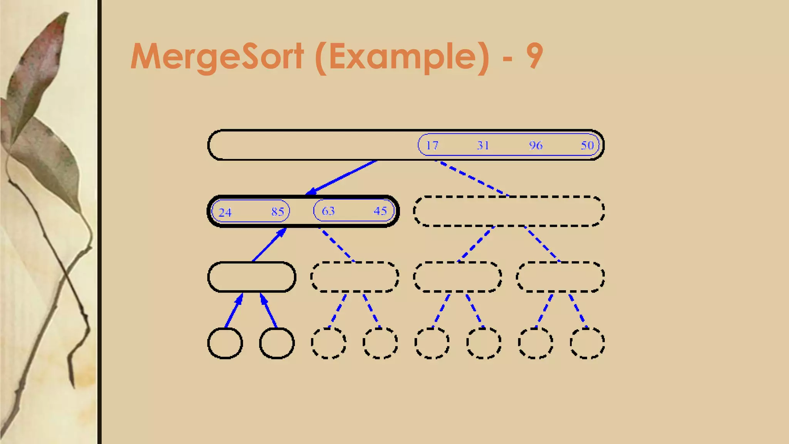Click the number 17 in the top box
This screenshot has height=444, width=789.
pos(432,145)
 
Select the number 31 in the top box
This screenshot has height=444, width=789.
pos(483,145)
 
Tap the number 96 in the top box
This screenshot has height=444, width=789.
pos(536,145)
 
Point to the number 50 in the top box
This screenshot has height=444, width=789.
pos(587,145)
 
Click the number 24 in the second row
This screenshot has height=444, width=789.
pos(225,212)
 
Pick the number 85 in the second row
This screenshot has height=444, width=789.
pos(277,212)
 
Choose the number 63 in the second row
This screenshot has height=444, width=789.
pos(328,211)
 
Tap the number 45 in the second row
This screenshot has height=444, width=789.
pos(380,211)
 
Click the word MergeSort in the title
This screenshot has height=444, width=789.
pos(217,56)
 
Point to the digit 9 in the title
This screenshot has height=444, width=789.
pos(534,56)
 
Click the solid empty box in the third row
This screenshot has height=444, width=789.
pos(252,277)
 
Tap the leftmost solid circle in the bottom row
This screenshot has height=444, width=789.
pos(225,343)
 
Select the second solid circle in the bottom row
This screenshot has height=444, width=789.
pos(277,343)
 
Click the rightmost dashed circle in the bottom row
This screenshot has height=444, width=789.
pos(587,343)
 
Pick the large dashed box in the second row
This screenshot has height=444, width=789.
pos(509,211)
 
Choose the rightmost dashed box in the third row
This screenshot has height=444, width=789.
pos(561,277)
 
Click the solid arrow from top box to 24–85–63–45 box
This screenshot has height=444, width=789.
pos(341,178)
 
